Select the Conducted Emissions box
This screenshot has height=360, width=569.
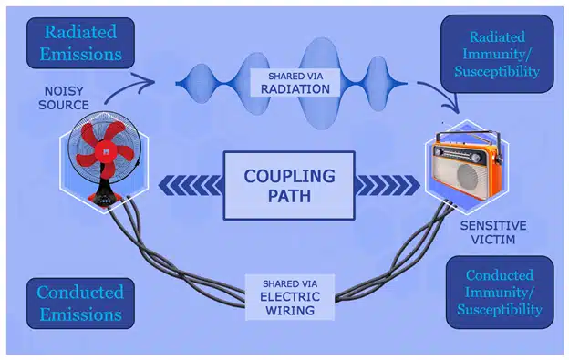(x=79, y=303)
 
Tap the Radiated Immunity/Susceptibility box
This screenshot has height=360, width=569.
(x=497, y=54)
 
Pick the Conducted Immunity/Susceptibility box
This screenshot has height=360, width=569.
(x=499, y=292)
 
